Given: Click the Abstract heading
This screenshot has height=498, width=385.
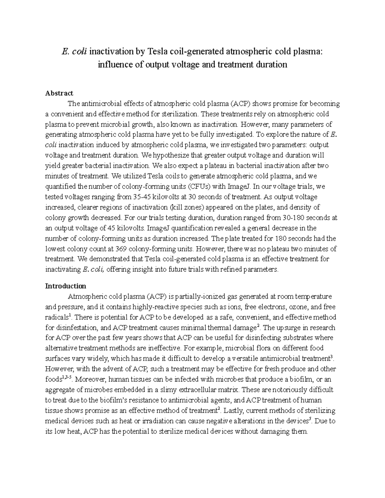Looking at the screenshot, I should pyautogui.click(x=59, y=93).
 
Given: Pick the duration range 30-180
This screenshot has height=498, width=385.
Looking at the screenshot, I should pyautogui.click(x=294, y=218).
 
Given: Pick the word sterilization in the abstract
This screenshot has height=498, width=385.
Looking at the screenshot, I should pyautogui.click(x=180, y=114).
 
